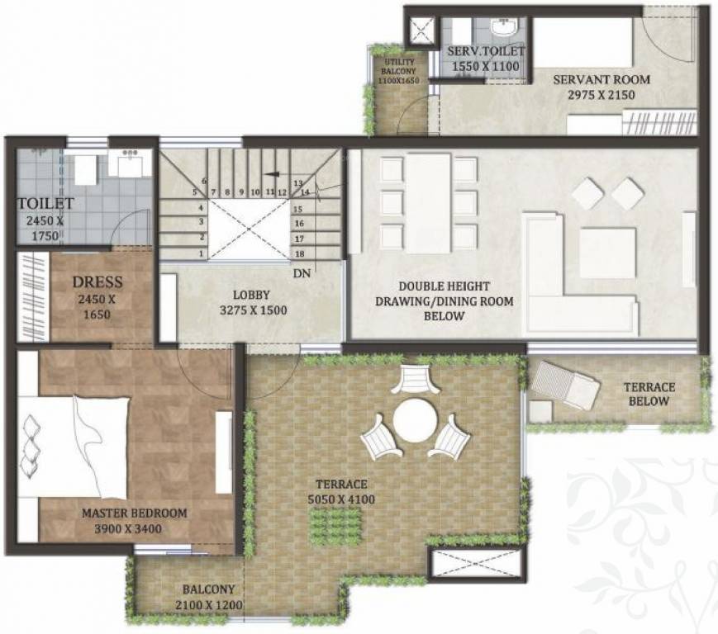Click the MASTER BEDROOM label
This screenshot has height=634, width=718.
coord(134,513)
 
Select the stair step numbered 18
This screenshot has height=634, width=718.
coord(300,253)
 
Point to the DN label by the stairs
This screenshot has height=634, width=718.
coord(301,273)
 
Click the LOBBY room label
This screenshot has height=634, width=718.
coord(251,294)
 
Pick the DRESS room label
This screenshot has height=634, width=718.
coord(97,282)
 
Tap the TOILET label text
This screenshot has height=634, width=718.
coord(46,203)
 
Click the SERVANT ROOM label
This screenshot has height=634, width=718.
coord(602,80)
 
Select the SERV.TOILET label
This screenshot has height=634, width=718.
coord(485,52)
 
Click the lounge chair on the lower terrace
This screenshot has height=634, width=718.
coord(565,384)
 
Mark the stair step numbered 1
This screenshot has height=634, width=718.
coord(201,253)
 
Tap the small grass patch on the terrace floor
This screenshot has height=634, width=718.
coord(336,526)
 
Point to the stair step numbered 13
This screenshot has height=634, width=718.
coord(300,182)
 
